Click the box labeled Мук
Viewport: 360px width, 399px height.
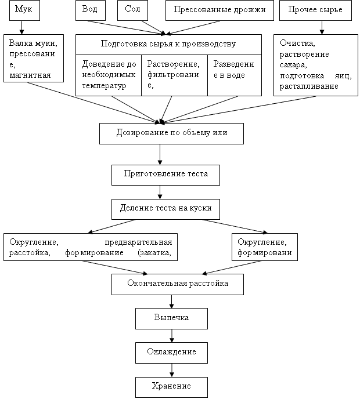(24, 10)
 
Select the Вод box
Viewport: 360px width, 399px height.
(91, 10)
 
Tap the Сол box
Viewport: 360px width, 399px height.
(132, 10)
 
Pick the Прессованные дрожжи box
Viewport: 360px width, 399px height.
(219, 10)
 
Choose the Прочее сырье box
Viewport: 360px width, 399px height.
(315, 10)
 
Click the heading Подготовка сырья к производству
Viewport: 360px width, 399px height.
(168, 43)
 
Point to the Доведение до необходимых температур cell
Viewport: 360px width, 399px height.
(109, 75)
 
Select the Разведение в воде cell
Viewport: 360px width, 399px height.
(235, 75)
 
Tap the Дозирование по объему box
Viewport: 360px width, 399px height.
(171, 133)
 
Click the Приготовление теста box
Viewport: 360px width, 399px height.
(165, 175)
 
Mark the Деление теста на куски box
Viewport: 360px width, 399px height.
(165, 209)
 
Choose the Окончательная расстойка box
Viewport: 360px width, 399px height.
(178, 284)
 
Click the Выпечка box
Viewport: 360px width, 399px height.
(171, 318)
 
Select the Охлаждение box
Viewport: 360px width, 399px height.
(171, 353)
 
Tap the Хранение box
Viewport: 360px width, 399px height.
(171, 387)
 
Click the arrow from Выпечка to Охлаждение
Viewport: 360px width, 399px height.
(172, 336)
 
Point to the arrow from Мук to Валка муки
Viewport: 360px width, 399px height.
(21, 27)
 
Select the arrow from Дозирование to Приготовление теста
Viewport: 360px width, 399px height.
(160, 154)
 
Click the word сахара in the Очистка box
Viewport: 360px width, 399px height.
(293, 65)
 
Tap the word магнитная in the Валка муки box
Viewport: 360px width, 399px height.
(30, 75)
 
